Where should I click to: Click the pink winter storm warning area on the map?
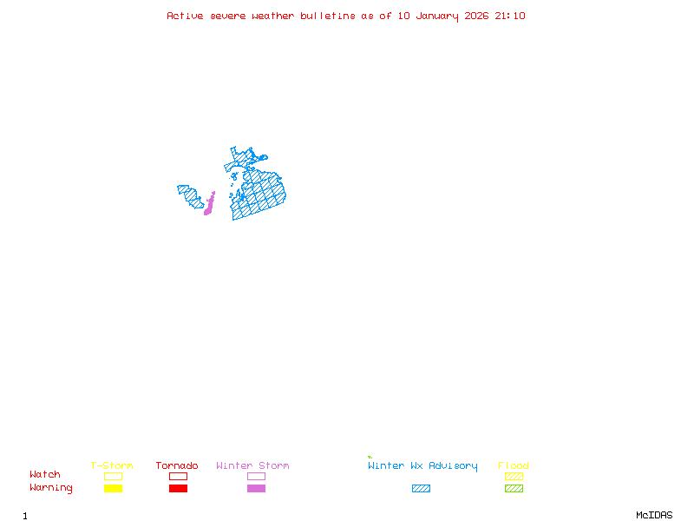click(209, 205)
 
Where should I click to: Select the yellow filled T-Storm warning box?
click(113, 488)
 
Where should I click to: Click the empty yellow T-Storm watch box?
click(113, 476)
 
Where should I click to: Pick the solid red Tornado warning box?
click(178, 488)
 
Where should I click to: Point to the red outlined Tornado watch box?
click(178, 476)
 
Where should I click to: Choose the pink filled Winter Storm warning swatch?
click(256, 488)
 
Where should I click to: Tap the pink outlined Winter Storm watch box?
click(256, 476)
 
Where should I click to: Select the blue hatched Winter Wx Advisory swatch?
click(421, 488)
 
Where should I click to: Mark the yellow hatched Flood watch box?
click(514, 476)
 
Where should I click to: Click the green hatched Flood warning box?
click(514, 488)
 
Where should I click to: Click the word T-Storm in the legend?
click(112, 465)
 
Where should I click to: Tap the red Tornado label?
click(177, 465)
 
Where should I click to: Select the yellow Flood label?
click(514, 465)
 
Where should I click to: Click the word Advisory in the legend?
click(453, 465)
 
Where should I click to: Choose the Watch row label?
click(45, 475)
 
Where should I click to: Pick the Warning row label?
click(51, 488)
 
